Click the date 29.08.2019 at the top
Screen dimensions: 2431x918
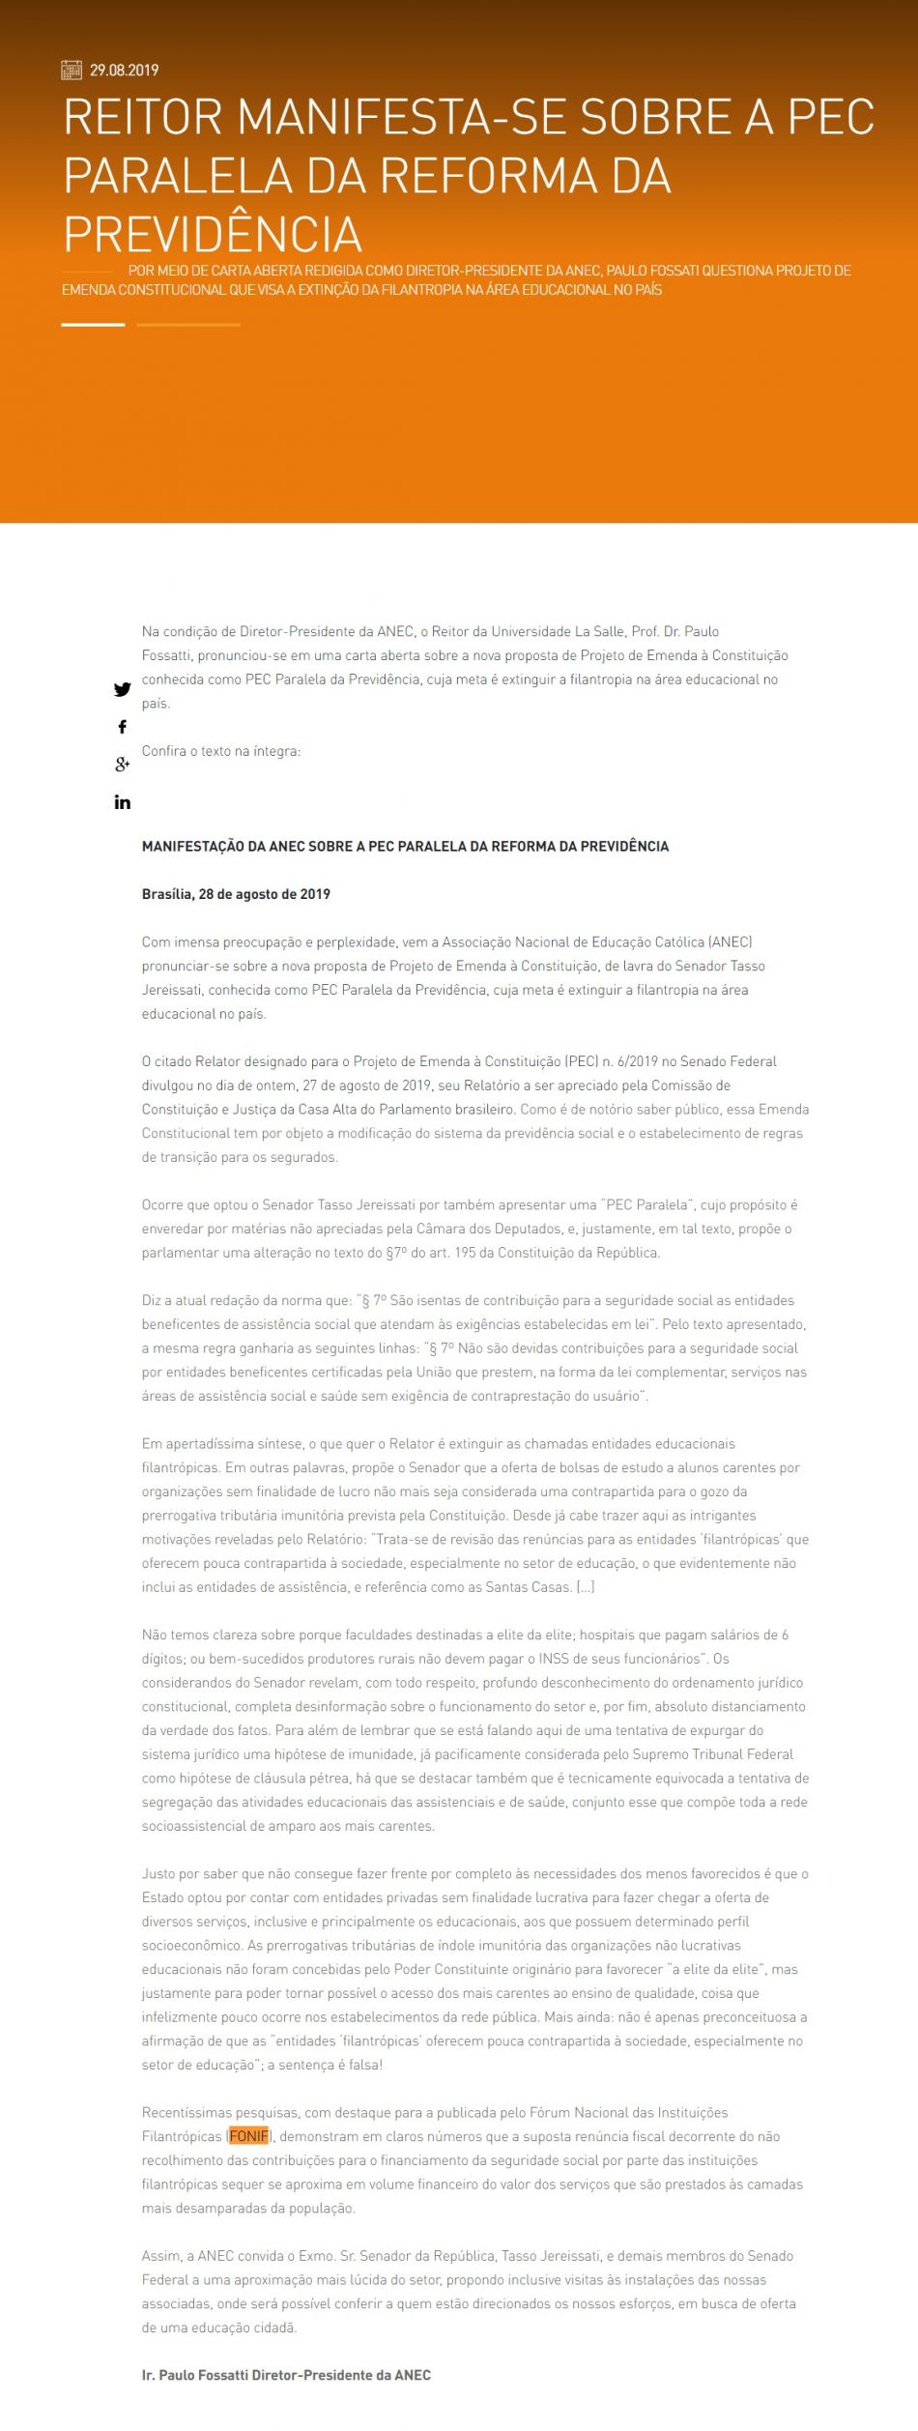(124, 70)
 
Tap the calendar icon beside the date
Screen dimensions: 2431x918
(72, 70)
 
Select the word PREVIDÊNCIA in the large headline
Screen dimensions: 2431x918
(213, 234)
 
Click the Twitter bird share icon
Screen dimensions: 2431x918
(123, 689)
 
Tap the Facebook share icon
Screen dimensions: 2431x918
(123, 727)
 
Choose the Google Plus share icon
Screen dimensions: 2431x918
(123, 765)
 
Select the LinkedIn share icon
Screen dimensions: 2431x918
(123, 802)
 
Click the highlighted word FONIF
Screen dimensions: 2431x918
(248, 2136)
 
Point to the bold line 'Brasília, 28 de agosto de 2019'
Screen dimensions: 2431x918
(236, 894)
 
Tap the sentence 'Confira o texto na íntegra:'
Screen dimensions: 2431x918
(221, 751)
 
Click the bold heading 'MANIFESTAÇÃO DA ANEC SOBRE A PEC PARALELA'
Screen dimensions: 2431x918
(405, 847)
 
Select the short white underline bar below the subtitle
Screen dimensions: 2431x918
(93, 325)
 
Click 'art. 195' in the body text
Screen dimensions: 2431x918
(429, 1254)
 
